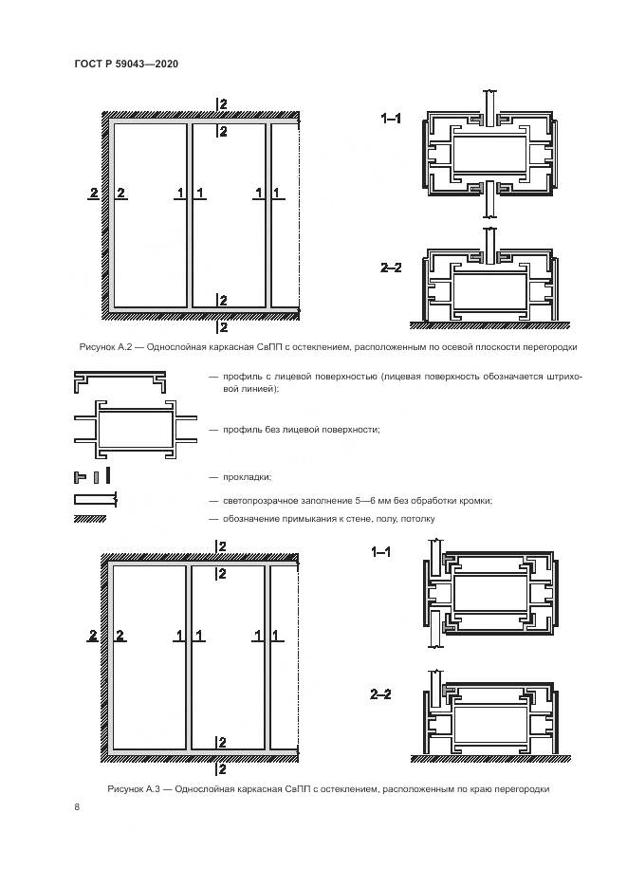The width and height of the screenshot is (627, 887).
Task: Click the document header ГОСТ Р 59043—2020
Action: tap(126, 64)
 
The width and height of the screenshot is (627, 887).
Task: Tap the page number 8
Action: tap(76, 806)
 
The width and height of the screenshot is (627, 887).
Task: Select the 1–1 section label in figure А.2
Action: tap(391, 119)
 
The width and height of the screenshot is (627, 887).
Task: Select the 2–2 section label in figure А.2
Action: tap(391, 269)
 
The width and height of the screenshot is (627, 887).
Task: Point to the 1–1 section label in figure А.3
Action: tap(381, 551)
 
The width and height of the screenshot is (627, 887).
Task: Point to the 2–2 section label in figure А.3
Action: tap(381, 695)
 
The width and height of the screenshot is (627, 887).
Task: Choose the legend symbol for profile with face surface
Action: tap(117, 382)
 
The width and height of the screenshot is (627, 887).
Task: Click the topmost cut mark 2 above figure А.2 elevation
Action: tap(222, 102)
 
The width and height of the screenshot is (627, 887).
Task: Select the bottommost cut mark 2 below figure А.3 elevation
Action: tap(222, 768)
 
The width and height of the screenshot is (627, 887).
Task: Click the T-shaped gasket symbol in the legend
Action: tap(81, 475)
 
